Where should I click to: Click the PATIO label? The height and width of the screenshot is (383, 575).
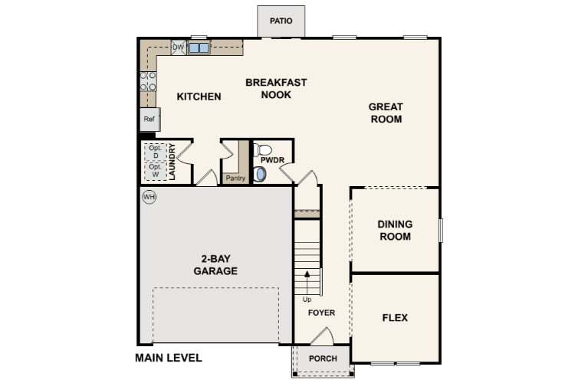click(x=281, y=21)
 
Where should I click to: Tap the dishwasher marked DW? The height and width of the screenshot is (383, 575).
click(x=179, y=47)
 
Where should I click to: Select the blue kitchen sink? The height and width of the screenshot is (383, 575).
click(x=199, y=48)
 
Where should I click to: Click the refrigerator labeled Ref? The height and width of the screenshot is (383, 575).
click(x=149, y=119)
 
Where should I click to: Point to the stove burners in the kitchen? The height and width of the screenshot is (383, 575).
click(x=148, y=81)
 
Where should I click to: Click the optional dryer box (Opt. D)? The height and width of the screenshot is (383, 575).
click(x=156, y=152)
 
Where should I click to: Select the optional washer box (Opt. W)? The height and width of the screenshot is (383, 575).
click(x=156, y=171)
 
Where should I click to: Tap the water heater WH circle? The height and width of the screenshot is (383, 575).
click(x=149, y=197)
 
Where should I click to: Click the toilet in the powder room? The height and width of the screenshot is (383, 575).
click(x=262, y=149)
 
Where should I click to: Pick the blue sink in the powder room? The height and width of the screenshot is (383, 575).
click(x=260, y=175)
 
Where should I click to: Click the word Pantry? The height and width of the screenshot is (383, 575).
click(x=235, y=178)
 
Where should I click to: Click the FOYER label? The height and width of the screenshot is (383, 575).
click(x=321, y=313)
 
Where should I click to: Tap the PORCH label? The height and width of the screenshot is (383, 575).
click(x=323, y=358)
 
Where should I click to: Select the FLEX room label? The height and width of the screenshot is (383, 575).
click(x=395, y=317)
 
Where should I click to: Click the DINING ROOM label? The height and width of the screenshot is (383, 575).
click(x=395, y=230)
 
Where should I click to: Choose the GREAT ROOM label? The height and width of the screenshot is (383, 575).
click(x=386, y=113)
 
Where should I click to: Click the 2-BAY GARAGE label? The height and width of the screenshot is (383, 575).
click(x=215, y=264)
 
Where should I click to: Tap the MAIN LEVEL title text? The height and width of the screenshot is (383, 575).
click(x=169, y=358)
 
